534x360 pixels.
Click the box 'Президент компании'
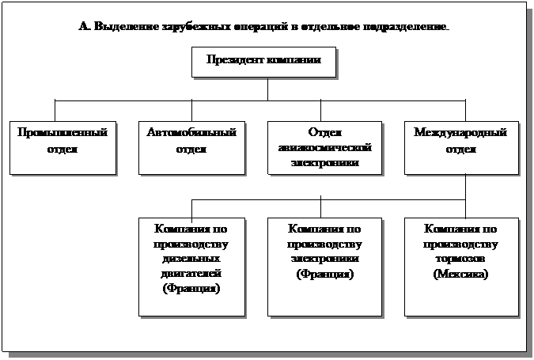tap(263, 62)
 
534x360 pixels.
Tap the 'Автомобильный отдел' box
tap(191, 146)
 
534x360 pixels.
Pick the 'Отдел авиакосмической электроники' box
tap(320, 146)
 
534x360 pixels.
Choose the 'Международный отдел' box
tap(460, 146)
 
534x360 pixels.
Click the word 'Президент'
tap(236, 59)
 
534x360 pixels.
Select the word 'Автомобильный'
tap(191, 133)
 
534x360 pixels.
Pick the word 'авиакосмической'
tap(320, 148)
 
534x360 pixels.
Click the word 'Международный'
tap(460, 133)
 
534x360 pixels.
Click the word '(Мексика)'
tap(460, 274)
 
